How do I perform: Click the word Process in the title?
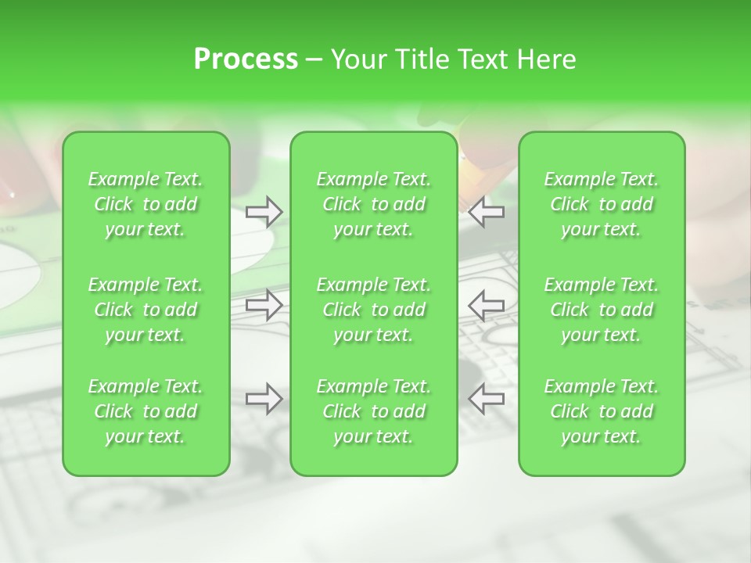246,59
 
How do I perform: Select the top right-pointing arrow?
264,211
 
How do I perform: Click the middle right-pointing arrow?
264,305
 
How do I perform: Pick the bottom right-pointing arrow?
264,399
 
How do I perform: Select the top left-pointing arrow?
486,211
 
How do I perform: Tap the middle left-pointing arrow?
486,305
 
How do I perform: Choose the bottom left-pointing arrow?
486,399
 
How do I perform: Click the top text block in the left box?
146,204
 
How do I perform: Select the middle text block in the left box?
146,310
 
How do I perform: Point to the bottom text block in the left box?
146,411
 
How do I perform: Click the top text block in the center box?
374,204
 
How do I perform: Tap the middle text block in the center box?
374,310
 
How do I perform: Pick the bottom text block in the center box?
374,411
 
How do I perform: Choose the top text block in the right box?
602,204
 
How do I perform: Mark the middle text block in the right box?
602,310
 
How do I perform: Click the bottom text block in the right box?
602,411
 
